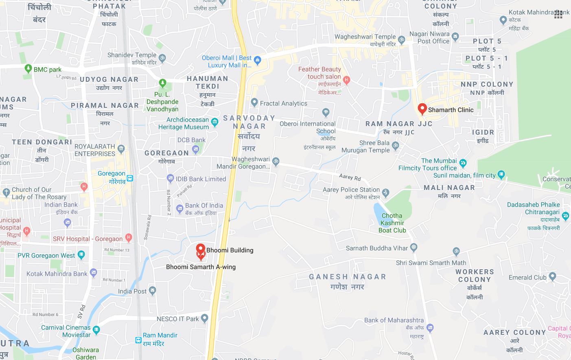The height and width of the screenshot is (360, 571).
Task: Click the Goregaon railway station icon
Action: tap(130, 178)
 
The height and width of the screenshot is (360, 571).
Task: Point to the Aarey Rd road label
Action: tap(350, 177)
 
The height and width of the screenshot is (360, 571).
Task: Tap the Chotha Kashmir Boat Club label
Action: tap(392, 223)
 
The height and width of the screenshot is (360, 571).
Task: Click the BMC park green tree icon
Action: tap(28, 69)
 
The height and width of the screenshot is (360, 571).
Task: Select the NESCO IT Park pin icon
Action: tap(205, 319)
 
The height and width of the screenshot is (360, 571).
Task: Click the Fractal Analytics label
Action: tap(283, 103)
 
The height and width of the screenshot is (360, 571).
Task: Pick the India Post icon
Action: tap(153, 291)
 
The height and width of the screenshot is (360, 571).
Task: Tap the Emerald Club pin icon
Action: tap(552, 277)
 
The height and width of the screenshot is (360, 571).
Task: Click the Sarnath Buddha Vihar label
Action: tap(377, 248)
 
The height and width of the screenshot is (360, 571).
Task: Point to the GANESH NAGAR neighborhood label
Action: tap(347, 277)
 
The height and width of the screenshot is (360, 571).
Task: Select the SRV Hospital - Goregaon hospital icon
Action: tap(129, 237)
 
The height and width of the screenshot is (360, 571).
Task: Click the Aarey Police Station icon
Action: tap(386, 192)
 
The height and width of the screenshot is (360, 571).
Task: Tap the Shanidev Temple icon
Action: tap(162, 58)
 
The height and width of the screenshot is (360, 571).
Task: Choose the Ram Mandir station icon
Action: tap(138, 339)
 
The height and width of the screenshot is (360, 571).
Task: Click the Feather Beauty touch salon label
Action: tap(319, 73)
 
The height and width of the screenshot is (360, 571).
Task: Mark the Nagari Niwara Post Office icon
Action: tap(455, 37)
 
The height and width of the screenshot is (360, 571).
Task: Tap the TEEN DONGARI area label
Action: tap(42, 142)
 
